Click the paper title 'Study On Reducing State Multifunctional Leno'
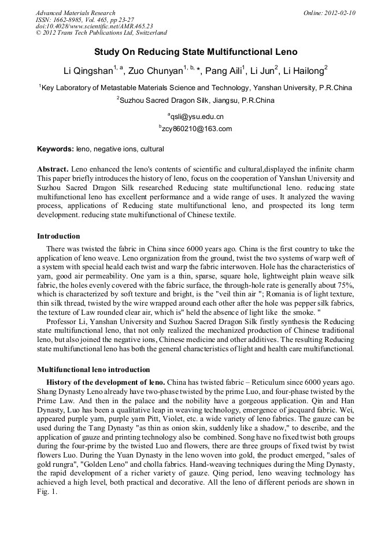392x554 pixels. (195, 51)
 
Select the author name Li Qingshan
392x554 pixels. (88, 71)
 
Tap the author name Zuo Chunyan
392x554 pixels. (156, 71)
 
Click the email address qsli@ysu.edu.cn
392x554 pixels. (197, 117)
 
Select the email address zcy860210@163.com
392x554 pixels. (197, 129)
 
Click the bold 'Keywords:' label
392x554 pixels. (56, 149)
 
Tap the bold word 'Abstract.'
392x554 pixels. (53, 169)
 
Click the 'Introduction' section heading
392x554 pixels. (58, 236)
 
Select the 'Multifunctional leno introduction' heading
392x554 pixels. (93, 369)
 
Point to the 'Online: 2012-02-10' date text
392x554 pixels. (329, 13)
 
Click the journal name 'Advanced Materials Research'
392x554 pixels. (75, 13)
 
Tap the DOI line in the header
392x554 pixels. (94, 27)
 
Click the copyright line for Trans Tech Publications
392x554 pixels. (101, 34)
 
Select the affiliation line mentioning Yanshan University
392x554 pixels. (196, 88)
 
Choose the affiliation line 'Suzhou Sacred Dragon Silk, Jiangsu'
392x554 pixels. (196, 100)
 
